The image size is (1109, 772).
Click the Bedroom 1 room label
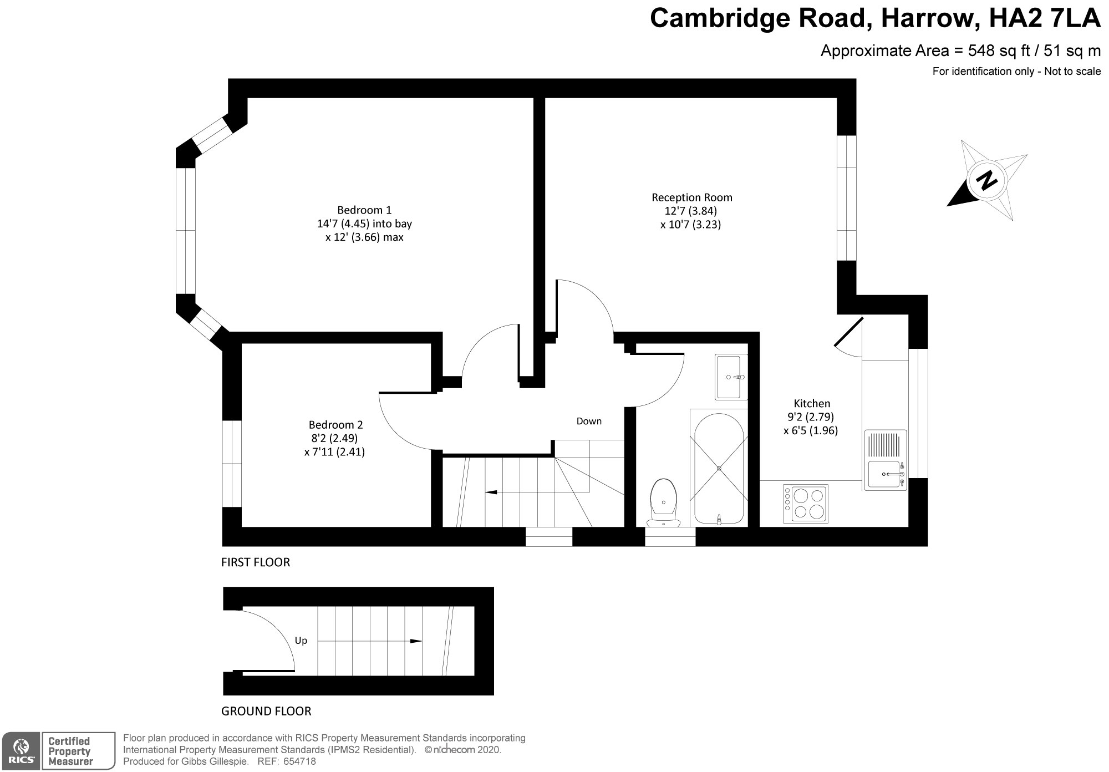click(x=364, y=210)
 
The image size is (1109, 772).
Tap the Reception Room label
click(x=691, y=197)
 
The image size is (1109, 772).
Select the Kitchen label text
click(x=812, y=403)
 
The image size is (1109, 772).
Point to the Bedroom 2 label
click(x=335, y=425)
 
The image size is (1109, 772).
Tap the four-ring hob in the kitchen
click(x=806, y=504)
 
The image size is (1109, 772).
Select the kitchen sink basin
click(x=885, y=475)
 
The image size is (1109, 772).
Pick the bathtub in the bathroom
click(x=719, y=468)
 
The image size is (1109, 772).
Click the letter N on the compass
click(x=986, y=180)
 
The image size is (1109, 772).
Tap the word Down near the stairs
click(x=589, y=421)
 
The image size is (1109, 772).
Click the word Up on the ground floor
click(x=301, y=641)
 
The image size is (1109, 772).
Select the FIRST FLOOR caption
click(x=256, y=562)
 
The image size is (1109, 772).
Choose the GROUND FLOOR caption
click(x=266, y=711)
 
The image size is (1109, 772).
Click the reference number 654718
click(x=300, y=761)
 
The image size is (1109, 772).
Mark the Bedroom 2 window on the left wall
click(x=232, y=464)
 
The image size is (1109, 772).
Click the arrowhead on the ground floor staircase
click(x=415, y=641)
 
